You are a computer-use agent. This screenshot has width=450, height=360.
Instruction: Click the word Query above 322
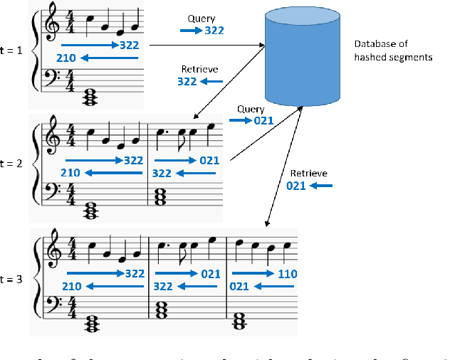[202, 18]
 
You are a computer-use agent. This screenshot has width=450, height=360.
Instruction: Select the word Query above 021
[251, 109]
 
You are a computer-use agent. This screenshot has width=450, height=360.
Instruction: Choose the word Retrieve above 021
[308, 173]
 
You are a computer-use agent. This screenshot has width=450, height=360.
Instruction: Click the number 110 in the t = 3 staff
[287, 274]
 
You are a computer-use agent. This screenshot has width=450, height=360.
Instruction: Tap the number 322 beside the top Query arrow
[215, 31]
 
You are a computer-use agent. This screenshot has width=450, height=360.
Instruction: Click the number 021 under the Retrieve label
[296, 186]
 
